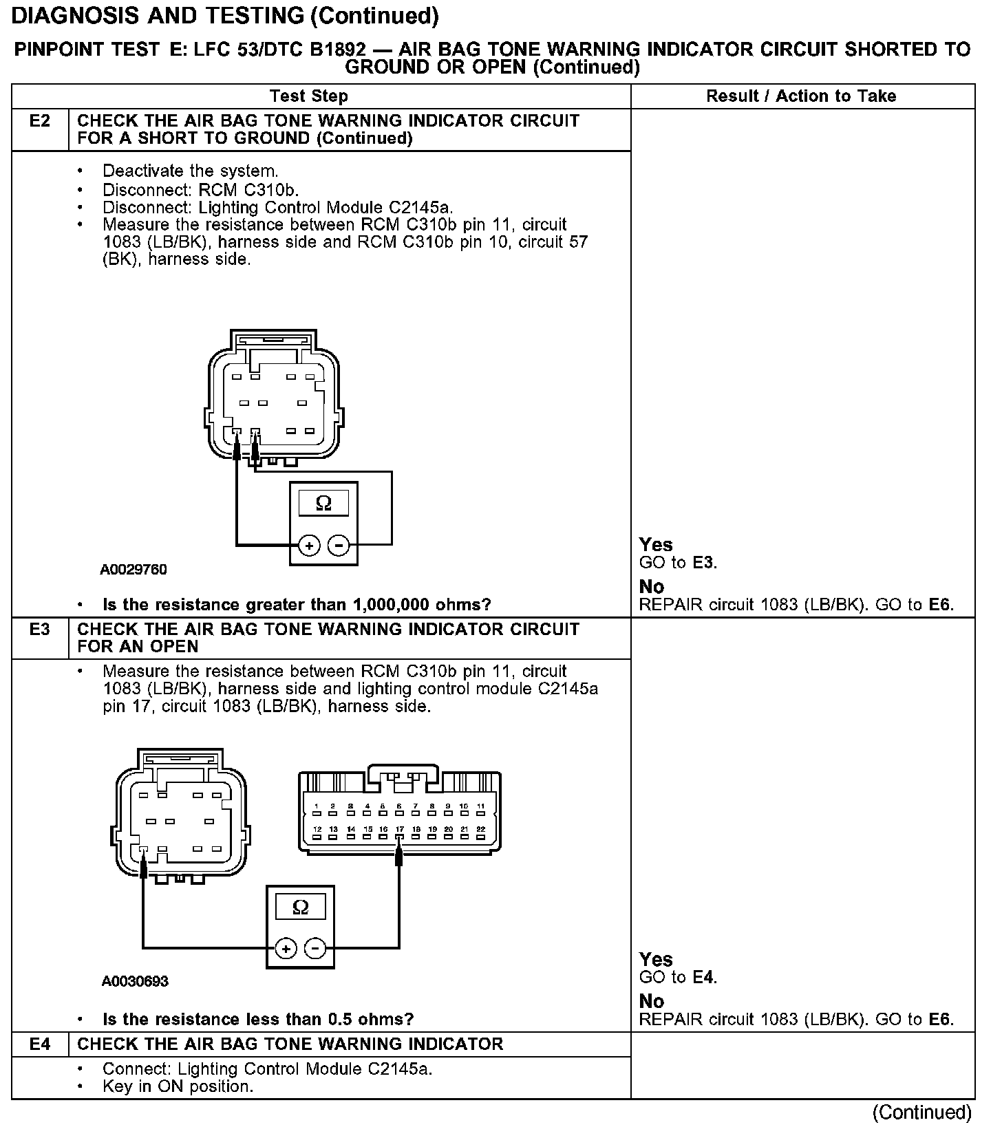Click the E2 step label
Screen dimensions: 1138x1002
[x=40, y=121]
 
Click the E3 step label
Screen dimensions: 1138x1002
[x=40, y=630]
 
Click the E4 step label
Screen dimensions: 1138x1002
[x=40, y=1044]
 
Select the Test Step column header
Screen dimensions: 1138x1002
[x=308, y=96]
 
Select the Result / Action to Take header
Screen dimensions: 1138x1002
[x=801, y=96]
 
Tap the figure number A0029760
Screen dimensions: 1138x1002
[x=134, y=570]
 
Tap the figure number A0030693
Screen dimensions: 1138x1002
[x=135, y=981]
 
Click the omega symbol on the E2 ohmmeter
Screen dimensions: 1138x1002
[x=323, y=504]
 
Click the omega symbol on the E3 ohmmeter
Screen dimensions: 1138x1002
[x=301, y=908]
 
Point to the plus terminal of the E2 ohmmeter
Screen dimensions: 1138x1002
[x=309, y=546]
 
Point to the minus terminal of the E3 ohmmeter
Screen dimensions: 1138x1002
[x=315, y=949]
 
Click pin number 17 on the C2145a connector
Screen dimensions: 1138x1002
[x=400, y=830]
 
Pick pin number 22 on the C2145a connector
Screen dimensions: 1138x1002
[x=481, y=830]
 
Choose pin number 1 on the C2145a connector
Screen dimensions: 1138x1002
[x=317, y=806]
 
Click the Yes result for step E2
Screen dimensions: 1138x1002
[x=656, y=545]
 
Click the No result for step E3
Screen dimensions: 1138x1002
[x=652, y=1001]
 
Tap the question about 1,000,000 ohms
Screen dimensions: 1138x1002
[x=297, y=605]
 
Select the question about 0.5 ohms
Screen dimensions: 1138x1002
[x=258, y=1020]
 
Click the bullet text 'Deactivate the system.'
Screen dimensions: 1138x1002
[x=191, y=171]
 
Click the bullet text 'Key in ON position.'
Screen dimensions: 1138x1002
[x=178, y=1087]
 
